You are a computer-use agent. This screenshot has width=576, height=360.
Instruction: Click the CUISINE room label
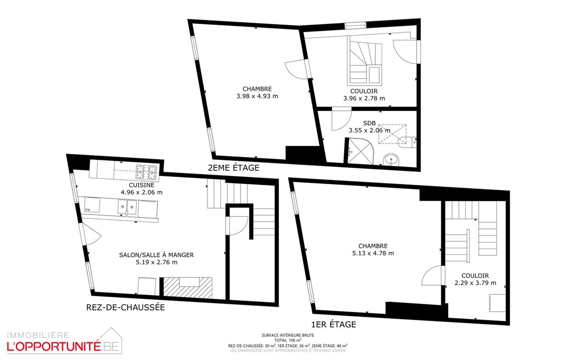click(x=142, y=185)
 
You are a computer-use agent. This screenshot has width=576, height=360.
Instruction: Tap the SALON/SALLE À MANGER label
click(x=156, y=255)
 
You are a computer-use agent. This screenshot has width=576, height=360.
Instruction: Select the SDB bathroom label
click(x=370, y=123)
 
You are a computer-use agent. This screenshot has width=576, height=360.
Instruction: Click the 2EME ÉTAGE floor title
click(x=233, y=168)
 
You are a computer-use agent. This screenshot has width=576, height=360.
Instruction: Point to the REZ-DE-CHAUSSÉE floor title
click(x=125, y=307)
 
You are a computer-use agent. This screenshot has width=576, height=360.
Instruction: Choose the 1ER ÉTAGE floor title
click(x=334, y=324)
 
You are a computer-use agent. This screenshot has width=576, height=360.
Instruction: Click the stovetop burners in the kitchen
click(x=146, y=172)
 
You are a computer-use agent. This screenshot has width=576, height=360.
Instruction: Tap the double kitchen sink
click(x=127, y=207)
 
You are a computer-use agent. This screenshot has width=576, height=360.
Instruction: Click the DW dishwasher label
click(x=88, y=210)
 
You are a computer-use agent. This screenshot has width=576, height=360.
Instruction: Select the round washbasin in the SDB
click(x=391, y=159)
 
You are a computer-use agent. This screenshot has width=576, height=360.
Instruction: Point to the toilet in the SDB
click(x=407, y=142)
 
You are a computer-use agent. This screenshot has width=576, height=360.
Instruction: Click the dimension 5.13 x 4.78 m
click(x=373, y=253)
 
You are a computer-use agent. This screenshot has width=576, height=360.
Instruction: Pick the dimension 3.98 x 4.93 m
click(x=257, y=96)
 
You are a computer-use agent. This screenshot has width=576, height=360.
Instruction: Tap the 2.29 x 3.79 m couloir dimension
click(x=476, y=283)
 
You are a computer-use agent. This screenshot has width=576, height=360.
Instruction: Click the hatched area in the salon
click(x=188, y=288)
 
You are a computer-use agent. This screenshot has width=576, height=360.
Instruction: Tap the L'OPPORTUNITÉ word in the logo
click(x=53, y=347)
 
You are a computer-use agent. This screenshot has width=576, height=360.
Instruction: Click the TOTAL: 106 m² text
click(x=288, y=340)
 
